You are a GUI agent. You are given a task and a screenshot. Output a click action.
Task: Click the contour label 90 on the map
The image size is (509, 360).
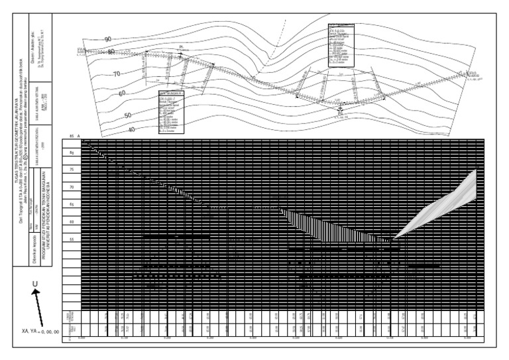[x=108, y=39]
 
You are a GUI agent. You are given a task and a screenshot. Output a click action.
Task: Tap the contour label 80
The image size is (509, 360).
[x=111, y=51]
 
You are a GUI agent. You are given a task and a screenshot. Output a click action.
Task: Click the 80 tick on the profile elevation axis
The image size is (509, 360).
[x=72, y=153]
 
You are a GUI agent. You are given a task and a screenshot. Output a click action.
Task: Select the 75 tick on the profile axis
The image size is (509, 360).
[x=72, y=170]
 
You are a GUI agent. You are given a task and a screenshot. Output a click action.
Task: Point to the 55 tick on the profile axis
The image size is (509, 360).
[x=72, y=239]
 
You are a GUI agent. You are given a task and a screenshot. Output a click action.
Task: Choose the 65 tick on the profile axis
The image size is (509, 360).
[x=72, y=204]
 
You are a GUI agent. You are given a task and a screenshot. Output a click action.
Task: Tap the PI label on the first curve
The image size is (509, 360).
[x=181, y=47]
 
